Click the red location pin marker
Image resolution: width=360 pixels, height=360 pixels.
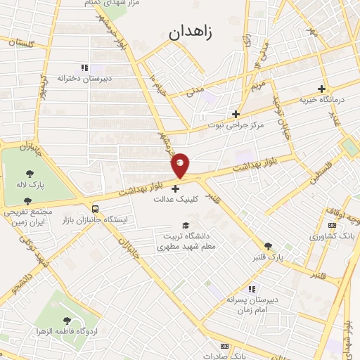(181, 165)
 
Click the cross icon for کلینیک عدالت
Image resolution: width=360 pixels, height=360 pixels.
(176, 187)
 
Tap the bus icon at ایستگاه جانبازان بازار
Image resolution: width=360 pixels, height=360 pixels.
(95, 209)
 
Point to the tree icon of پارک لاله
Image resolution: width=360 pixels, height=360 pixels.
(30, 174)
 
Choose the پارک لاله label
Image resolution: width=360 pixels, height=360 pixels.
(30, 185)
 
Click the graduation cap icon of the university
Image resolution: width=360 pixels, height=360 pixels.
(186, 225)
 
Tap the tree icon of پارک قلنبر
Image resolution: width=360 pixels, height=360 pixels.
(268, 246)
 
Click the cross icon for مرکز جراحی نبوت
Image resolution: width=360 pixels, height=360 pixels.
(236, 113)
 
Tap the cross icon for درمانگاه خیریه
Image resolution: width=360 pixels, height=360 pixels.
(321, 89)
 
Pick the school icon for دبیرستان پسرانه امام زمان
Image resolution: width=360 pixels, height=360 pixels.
(251, 289)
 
